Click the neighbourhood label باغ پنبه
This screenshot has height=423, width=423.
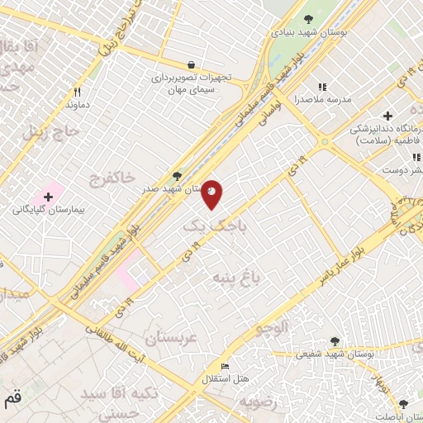[x=236, y=276]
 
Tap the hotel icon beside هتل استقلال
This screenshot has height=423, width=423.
[x=225, y=365]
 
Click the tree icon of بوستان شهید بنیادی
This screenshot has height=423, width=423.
[x=308, y=19]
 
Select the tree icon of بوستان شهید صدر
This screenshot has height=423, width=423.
[x=176, y=175]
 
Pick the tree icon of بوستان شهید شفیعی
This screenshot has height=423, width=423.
[x=334, y=340]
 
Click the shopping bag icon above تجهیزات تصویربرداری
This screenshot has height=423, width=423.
[x=192, y=64]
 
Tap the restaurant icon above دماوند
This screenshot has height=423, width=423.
[x=77, y=93]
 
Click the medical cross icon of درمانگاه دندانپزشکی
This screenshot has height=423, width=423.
[x=387, y=116]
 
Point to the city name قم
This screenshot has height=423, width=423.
[x=12, y=400]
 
